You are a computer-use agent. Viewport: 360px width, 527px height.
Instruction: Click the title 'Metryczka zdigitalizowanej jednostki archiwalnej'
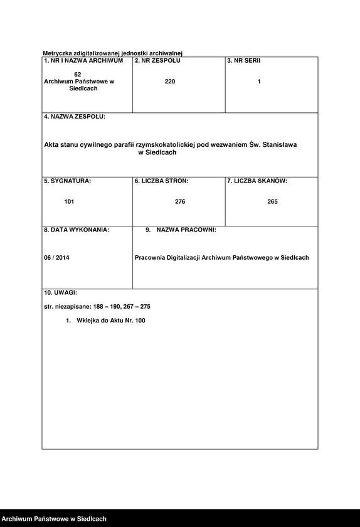[112, 53]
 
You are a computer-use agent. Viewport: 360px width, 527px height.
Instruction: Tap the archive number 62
[78, 75]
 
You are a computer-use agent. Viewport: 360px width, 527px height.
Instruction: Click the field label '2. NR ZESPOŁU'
[157, 60]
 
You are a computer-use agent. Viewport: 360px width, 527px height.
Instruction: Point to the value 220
[170, 82]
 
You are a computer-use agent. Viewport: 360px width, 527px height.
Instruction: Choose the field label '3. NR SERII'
[244, 60]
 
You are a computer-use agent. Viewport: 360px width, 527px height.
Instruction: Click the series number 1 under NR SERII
[259, 82]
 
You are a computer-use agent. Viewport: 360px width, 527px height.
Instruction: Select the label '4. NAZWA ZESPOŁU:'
[75, 117]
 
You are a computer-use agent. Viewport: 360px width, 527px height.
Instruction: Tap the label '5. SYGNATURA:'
[67, 181]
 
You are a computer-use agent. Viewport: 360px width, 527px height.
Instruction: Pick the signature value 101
[69, 202]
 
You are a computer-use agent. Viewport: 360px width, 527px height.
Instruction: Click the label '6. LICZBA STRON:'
[161, 181]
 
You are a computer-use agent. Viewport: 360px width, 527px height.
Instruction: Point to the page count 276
[180, 202]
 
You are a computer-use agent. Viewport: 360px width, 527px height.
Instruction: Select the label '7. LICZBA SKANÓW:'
[257, 181]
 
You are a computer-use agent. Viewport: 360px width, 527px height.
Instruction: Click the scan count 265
[272, 202]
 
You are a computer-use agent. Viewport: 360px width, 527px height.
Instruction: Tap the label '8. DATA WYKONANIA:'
[76, 230]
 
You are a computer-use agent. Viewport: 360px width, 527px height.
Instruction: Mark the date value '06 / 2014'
[57, 258]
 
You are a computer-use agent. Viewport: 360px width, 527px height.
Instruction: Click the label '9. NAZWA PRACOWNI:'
[181, 230]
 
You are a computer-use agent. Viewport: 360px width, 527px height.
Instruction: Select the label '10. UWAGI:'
[60, 292]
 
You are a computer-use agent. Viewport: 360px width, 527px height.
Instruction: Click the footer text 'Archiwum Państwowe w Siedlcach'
[53, 519]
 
